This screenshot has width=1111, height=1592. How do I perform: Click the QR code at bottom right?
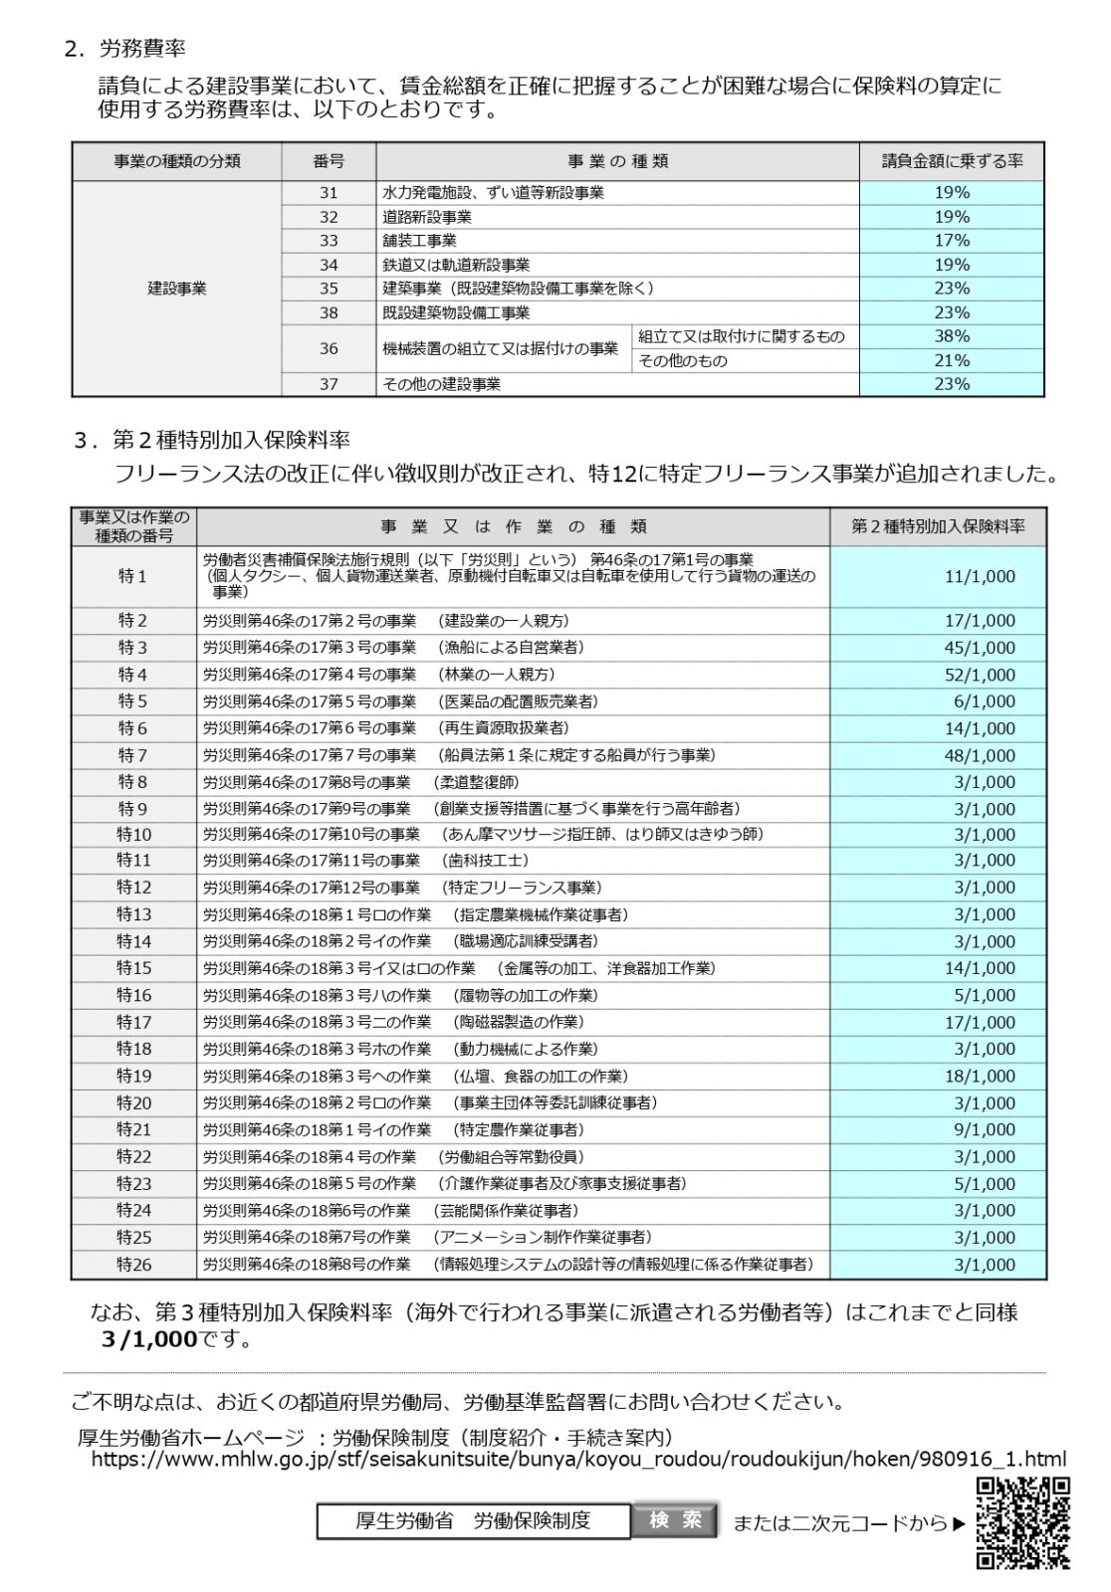[1022, 1522]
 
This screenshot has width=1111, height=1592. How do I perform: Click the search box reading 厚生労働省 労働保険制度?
[473, 1521]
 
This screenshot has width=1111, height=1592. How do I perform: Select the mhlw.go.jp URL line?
[578, 1460]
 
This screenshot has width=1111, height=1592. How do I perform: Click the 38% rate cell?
[952, 336]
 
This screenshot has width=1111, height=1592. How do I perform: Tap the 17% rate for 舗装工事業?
[952, 241]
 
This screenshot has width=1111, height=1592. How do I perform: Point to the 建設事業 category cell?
[176, 289]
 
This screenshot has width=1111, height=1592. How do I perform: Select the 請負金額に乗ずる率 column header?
[952, 161]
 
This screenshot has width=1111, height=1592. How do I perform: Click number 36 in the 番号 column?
[329, 348]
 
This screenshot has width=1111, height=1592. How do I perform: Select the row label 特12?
[133, 888]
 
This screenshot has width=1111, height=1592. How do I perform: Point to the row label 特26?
[133, 1265]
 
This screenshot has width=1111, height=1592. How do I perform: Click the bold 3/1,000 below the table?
[149, 1339]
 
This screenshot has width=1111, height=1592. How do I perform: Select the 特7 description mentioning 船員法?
[459, 755]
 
